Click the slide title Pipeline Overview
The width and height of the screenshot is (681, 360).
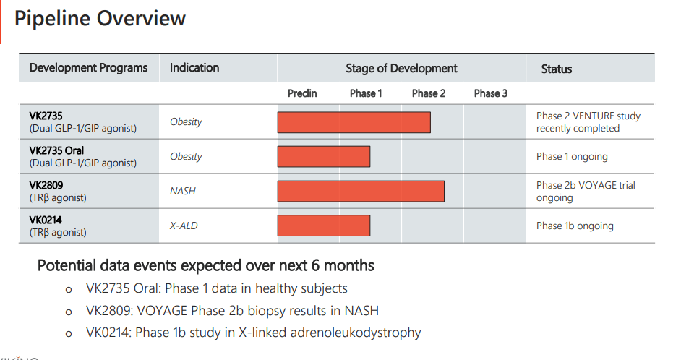100,19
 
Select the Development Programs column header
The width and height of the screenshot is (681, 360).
88,68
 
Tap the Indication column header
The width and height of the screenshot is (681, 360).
194,68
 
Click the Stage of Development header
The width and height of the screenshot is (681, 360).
401,69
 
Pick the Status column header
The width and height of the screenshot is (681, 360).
556,69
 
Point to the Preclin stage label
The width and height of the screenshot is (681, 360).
302,93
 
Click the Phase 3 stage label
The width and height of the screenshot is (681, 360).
490,93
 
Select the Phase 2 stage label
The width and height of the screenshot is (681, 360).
429,93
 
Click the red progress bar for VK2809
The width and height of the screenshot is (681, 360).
361,191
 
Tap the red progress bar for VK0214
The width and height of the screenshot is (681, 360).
324,226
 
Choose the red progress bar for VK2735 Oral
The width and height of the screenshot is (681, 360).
324,156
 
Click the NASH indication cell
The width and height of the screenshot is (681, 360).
183,192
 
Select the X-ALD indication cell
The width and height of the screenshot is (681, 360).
184,226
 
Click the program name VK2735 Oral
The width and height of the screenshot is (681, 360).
56,151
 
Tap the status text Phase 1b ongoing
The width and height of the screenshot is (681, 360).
575,226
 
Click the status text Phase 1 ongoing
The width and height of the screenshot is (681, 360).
572,157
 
